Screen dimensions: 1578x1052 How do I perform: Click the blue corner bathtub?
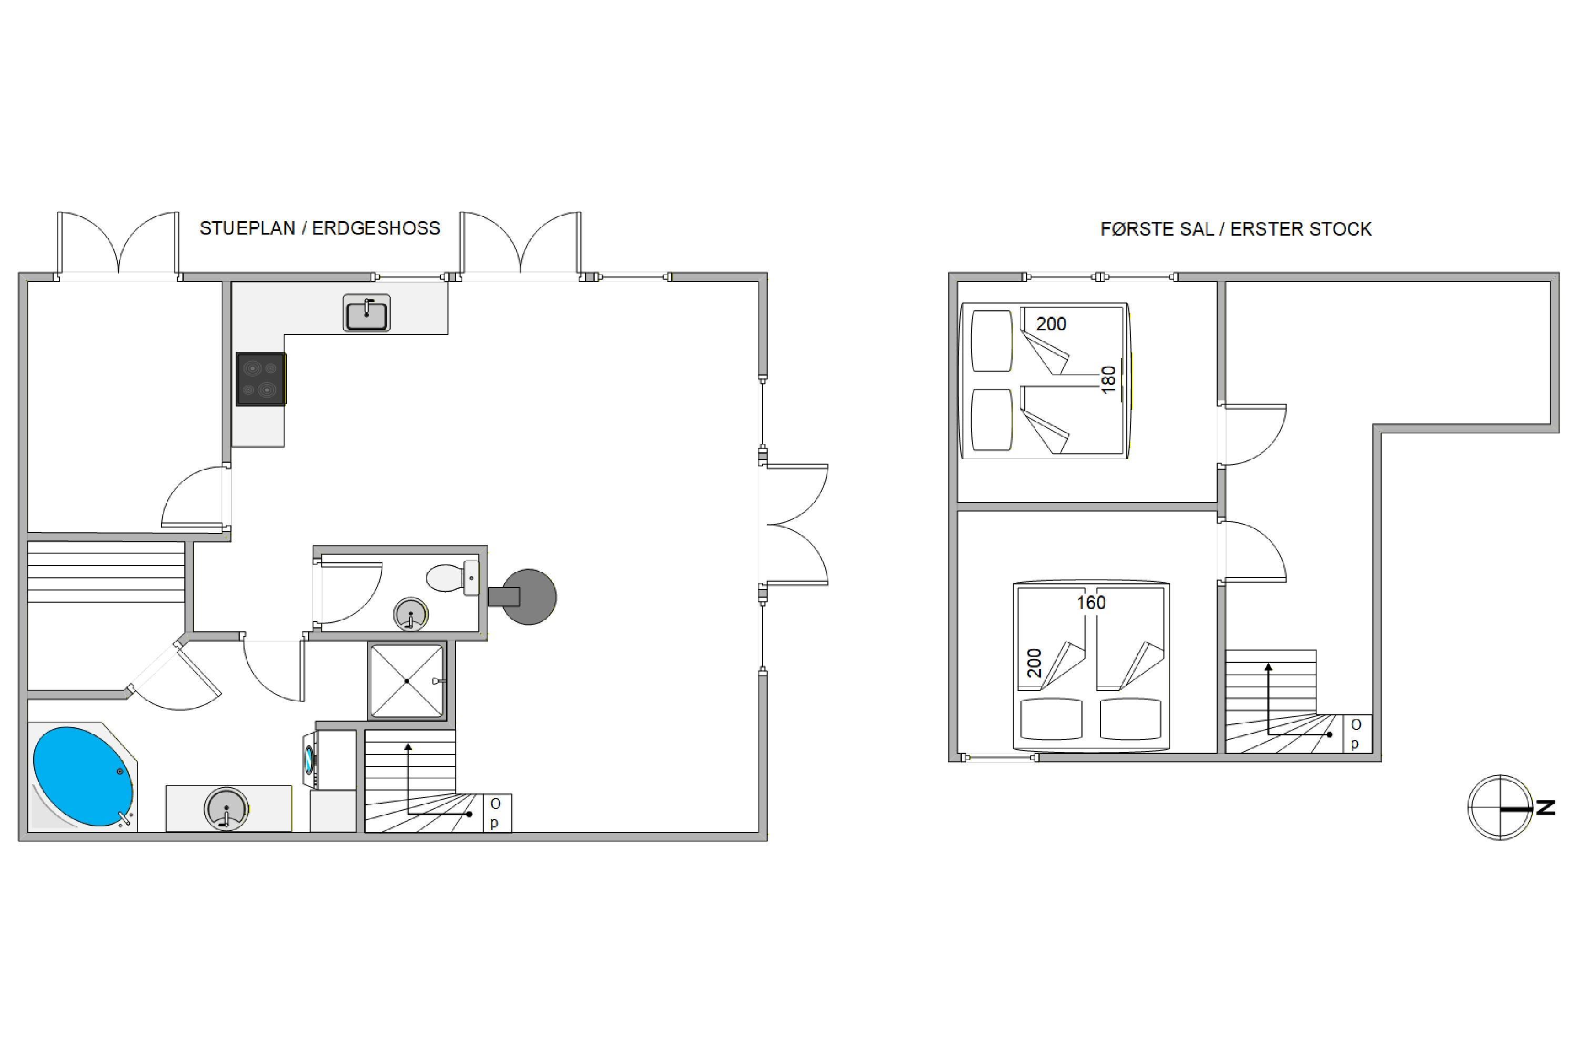[x=83, y=776]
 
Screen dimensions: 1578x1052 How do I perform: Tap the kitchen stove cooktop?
[x=261, y=379]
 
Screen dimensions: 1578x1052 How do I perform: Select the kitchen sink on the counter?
[x=366, y=312]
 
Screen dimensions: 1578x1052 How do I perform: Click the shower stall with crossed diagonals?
[x=407, y=681]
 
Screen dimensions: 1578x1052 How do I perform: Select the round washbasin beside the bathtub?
[x=226, y=808]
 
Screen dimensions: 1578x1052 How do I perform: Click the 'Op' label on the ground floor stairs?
[x=495, y=813]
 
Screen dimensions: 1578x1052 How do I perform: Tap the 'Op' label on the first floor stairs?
[x=1356, y=734]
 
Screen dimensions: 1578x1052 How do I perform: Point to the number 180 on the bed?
[x=1108, y=380]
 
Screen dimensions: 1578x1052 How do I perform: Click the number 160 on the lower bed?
[x=1091, y=602]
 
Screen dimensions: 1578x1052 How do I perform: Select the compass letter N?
[x=1545, y=808]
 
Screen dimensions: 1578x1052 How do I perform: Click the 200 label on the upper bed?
[x=1050, y=324]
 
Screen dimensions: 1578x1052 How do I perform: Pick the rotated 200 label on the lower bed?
[x=1035, y=663]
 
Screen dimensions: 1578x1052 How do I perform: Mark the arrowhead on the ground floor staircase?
[x=407, y=747]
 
